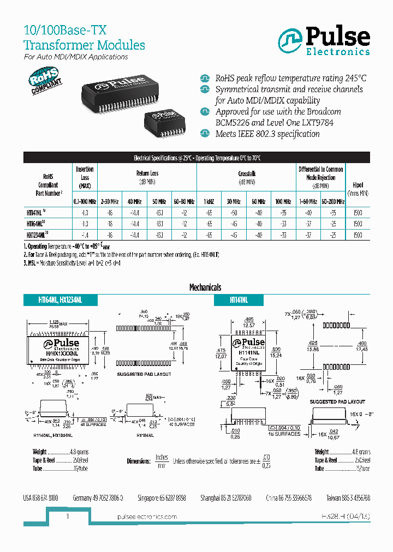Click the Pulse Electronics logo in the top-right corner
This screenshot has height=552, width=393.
point(324,41)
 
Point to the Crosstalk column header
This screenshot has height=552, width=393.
point(247,173)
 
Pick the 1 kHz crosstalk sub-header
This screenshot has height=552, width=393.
point(209,201)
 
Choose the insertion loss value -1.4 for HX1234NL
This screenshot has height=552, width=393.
point(85,235)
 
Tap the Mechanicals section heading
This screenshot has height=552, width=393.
point(205,287)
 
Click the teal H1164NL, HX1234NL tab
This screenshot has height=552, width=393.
point(60,300)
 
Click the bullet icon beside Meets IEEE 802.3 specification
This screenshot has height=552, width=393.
point(205,134)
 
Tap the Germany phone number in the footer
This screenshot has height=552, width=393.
point(98,498)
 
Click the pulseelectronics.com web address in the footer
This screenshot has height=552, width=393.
point(147,517)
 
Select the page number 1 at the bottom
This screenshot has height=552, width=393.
point(67,516)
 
